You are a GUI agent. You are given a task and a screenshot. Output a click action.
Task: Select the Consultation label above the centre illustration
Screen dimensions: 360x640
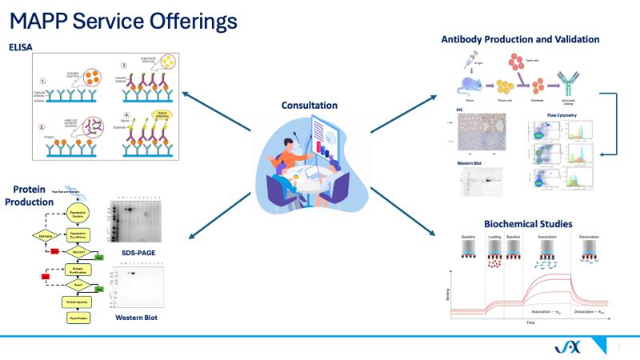point(309,105)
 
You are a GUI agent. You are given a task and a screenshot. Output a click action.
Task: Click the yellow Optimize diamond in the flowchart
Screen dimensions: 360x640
point(46,236)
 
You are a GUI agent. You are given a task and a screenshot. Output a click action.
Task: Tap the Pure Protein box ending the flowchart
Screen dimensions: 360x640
point(78,318)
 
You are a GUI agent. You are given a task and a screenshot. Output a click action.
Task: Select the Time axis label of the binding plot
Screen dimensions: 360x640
point(530,322)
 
